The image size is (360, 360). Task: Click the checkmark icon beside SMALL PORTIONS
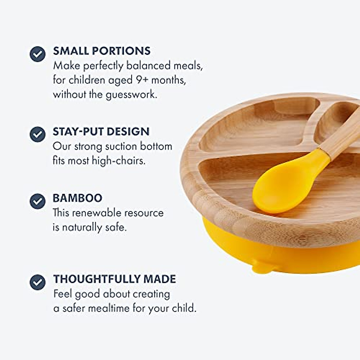(37, 54)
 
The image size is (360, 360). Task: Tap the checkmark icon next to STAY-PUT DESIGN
(37, 134)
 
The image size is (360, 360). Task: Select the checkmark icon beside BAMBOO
(37, 201)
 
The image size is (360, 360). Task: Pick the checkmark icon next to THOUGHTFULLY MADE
(37, 282)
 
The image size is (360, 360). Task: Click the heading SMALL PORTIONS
(102, 51)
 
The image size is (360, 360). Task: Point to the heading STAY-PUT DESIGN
(101, 131)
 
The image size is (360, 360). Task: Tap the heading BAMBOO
(77, 198)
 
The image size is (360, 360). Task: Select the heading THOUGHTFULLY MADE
(114, 279)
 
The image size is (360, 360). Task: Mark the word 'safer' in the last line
(75, 308)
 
